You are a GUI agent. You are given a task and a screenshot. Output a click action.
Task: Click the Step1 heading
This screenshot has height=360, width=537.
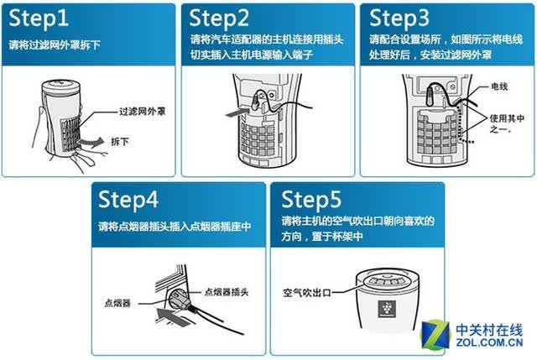click(39, 18)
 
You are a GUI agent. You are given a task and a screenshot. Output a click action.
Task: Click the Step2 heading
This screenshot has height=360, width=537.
click(219, 18)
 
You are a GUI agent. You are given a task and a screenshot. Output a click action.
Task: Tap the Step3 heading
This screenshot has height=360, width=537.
click(399, 18)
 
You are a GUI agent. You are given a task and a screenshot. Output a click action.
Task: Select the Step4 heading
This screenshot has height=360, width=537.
click(128, 200)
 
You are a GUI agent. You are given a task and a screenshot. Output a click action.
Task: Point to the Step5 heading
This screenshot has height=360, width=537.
click(311, 200)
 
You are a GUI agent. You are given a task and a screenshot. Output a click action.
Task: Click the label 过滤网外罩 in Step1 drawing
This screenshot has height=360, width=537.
click(142, 112)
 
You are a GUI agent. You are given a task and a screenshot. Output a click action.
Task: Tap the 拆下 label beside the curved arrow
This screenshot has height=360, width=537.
click(120, 142)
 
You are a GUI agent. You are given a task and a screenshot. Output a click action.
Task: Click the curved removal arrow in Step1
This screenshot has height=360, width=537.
click(91, 142)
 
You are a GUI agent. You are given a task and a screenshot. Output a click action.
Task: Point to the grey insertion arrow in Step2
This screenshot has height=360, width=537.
click(237, 112)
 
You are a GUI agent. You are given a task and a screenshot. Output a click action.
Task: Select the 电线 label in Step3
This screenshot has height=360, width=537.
click(499, 86)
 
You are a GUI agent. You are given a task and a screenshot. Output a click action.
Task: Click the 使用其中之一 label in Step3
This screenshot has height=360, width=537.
click(507, 123)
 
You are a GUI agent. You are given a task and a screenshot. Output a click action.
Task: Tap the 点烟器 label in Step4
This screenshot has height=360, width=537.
click(117, 303)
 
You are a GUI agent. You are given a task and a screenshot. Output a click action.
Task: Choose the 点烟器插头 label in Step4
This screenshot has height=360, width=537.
click(227, 292)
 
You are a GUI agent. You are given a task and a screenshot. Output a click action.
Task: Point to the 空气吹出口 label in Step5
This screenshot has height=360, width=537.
click(307, 293)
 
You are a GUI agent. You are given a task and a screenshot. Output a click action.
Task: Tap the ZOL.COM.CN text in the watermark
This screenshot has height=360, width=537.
click(489, 342)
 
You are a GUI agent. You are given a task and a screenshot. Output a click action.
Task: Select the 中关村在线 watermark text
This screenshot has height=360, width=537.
click(489, 330)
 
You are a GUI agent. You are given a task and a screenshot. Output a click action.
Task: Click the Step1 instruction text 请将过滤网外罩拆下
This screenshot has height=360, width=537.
click(55, 44)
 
